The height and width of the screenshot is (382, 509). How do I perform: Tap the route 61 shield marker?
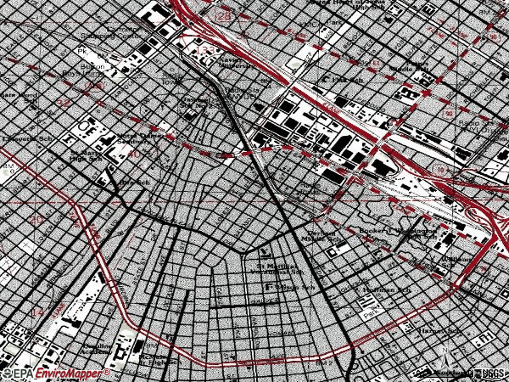coord(374,61)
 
